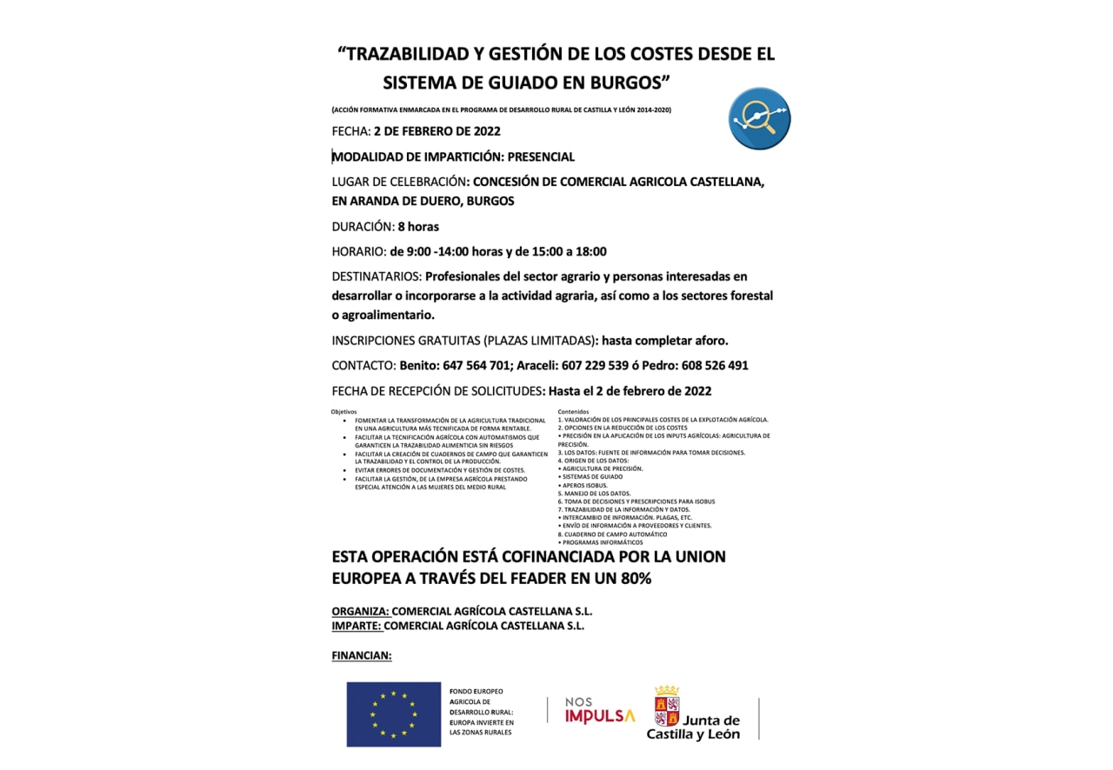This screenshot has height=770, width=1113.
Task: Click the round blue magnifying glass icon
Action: point(759,118)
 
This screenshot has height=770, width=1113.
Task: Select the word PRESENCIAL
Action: point(541,157)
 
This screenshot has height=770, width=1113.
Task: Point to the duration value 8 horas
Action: point(418,227)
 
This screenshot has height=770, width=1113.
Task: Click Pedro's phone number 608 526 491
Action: point(709,366)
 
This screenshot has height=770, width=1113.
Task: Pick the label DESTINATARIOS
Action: point(377,276)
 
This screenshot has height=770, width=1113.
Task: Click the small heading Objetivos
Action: point(343,411)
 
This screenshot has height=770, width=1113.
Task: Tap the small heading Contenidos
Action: point(573,411)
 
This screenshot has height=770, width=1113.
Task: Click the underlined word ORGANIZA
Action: point(360,611)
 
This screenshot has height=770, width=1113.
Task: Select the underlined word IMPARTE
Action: point(357,625)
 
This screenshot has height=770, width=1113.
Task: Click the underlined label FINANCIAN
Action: point(362,655)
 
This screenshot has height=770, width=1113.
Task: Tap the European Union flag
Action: point(393,714)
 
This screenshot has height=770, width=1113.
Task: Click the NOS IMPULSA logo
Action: point(600,710)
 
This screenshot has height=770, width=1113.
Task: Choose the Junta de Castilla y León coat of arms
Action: point(667,706)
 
